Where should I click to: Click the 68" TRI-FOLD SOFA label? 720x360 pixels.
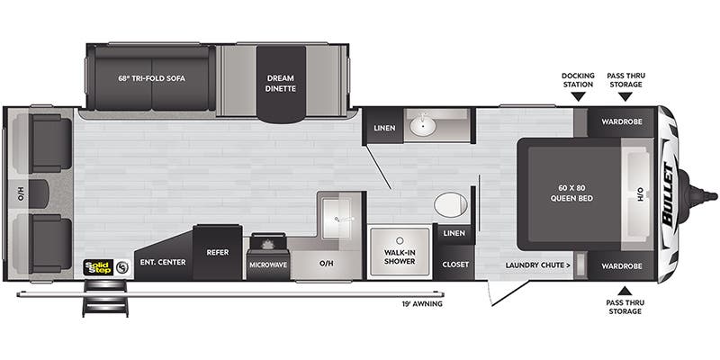(x=151, y=78)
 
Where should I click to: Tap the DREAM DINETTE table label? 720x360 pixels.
(x=280, y=83)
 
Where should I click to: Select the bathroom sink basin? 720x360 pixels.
(x=423, y=125)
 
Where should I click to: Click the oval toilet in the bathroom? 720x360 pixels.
(x=451, y=204)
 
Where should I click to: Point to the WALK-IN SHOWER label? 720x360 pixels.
(x=400, y=256)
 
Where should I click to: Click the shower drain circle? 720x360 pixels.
(x=400, y=240)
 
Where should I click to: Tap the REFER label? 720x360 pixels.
(x=218, y=252)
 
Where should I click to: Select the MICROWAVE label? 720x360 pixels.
(x=268, y=265)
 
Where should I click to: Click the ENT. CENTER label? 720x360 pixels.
(x=163, y=262)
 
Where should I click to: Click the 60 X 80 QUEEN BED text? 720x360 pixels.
(x=571, y=193)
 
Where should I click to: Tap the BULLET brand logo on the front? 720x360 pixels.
(x=668, y=194)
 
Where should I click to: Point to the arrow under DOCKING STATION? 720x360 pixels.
(x=578, y=96)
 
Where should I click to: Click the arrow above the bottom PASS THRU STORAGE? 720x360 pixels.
(x=625, y=291)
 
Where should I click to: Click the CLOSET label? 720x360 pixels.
(x=455, y=265)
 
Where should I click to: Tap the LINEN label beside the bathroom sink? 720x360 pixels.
(x=384, y=128)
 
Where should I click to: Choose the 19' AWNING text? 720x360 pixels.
(x=421, y=303)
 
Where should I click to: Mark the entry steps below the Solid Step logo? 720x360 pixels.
(x=105, y=298)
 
